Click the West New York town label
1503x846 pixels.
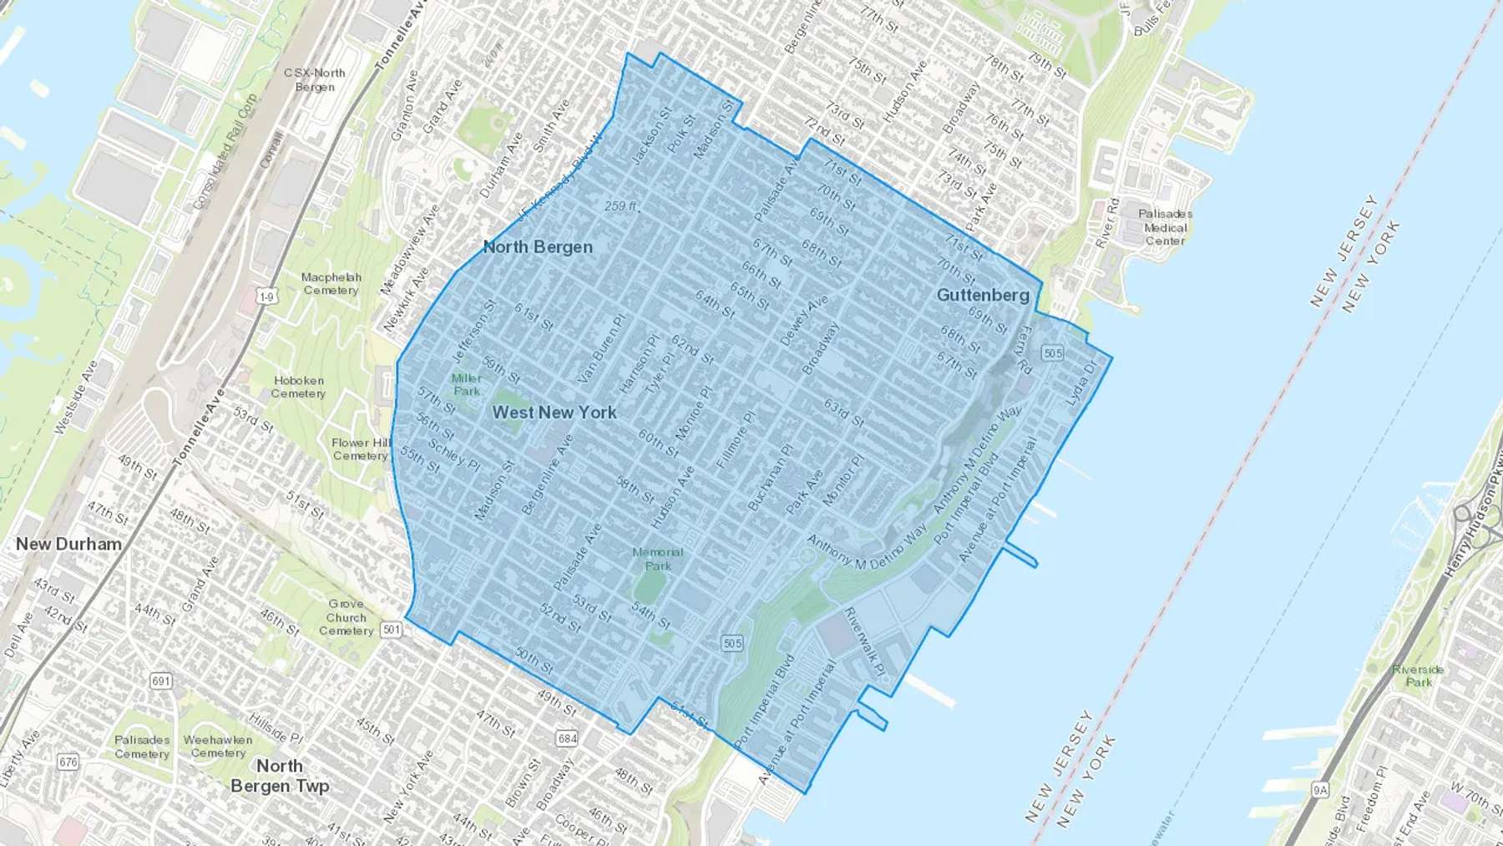554,413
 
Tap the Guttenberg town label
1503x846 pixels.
983,296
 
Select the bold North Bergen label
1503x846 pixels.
538,247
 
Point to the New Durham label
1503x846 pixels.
68,545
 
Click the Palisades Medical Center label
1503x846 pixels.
1165,227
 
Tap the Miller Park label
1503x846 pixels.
466,385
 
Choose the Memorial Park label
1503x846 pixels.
657,559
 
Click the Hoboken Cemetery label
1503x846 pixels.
298,387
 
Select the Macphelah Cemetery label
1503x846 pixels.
331,284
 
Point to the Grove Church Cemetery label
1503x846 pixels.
346,617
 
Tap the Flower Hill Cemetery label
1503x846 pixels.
361,449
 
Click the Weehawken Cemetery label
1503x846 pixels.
218,746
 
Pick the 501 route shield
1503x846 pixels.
392,630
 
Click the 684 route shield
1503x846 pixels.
567,738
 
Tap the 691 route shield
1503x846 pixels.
161,681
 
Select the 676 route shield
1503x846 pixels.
68,762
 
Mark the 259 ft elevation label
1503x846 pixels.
621,206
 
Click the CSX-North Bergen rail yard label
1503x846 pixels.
314,80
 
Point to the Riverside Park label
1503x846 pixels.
1418,676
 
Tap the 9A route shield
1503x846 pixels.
1319,789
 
